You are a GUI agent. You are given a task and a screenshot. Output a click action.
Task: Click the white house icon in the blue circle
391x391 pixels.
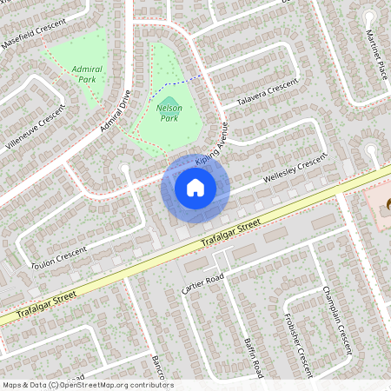195,186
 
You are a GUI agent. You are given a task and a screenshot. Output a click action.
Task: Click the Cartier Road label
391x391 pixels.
203,282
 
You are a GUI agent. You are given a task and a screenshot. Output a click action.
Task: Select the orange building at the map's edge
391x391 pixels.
381,202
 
